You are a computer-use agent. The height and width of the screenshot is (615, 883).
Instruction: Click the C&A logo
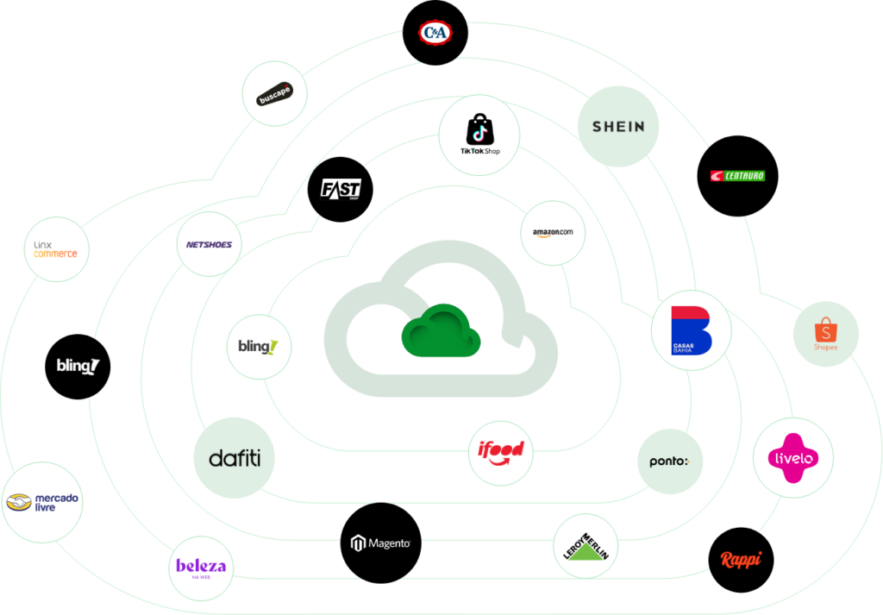point(435,34)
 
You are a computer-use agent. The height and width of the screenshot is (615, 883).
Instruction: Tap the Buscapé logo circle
point(275,94)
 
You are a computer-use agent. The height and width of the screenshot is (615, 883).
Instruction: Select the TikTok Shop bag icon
point(479,129)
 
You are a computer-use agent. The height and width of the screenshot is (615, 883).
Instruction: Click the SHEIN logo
point(618,126)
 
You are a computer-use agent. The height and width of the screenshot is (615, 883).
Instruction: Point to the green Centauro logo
point(737,176)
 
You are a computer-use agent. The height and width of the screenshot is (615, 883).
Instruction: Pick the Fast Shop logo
point(341,190)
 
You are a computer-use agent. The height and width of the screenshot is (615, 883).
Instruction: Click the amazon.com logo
point(554,233)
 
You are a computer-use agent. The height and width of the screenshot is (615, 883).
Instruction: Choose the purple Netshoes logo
point(209,244)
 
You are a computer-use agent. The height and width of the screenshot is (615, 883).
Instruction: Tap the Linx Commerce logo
point(56,249)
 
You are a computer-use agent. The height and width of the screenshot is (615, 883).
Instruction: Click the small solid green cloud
point(440,329)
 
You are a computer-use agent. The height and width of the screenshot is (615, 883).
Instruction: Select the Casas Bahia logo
point(692,330)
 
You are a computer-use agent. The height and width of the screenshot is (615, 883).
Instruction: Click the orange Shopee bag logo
point(826,332)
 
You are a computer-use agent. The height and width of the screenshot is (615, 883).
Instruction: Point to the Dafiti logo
point(235,457)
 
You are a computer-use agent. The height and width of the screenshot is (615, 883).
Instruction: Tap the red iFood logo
point(501,451)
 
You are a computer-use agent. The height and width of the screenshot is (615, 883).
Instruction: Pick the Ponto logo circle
point(669,461)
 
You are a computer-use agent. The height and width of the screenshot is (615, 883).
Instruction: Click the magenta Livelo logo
point(794,458)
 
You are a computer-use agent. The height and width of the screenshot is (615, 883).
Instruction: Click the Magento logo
point(380,543)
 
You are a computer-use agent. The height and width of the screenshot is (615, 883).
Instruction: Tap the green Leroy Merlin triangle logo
point(587,548)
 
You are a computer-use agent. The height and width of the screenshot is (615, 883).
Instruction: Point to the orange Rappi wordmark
point(741,559)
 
